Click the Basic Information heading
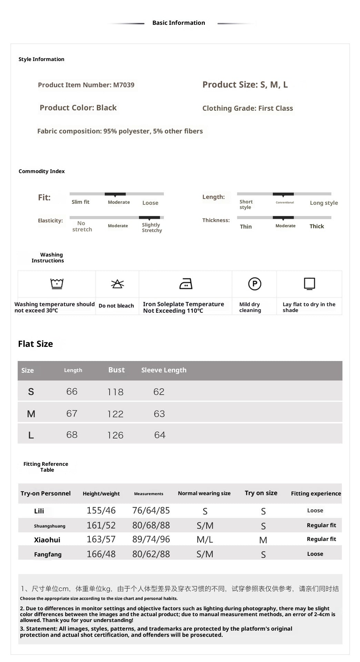pyautogui.click(x=179, y=23)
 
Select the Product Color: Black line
pyautogui.click(x=78, y=108)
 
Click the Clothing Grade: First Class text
pyautogui.click(x=248, y=108)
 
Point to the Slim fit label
pyautogui.click(x=80, y=202)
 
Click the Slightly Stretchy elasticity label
pyautogui.click(x=152, y=228)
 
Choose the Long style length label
pyautogui.click(x=324, y=203)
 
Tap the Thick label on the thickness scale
pyautogui.click(x=317, y=226)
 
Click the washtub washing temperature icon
pyautogui.click(x=57, y=284)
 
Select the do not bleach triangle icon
pyautogui.click(x=117, y=284)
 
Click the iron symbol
pyautogui.click(x=186, y=284)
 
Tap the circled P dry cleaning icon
pyautogui.click(x=254, y=284)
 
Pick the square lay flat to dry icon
pyautogui.click(x=309, y=284)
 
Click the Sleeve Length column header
pyautogui.click(x=164, y=370)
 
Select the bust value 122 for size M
pyautogui.click(x=115, y=414)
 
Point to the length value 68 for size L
pyautogui.click(x=72, y=435)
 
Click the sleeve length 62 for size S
pyautogui.click(x=159, y=392)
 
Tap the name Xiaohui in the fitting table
pyautogui.click(x=47, y=540)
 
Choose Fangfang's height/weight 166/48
pyautogui.click(x=101, y=554)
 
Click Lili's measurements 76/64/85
pyautogui.click(x=151, y=510)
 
